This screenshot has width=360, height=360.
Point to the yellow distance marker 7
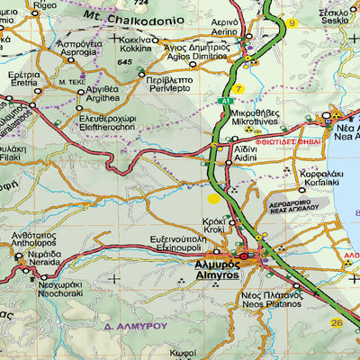(x=238, y=88)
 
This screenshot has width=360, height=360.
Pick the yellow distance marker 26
(x=337, y=322)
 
